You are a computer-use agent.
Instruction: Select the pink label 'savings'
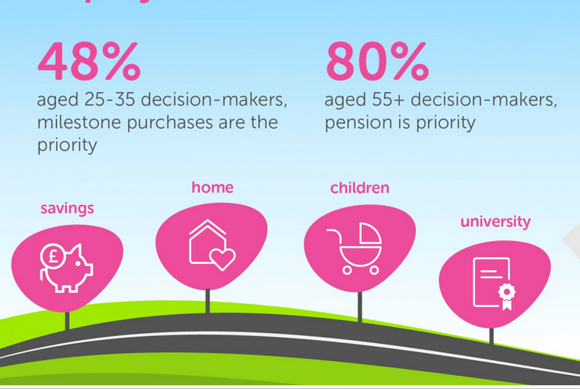[67, 208]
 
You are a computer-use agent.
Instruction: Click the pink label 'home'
[212, 188]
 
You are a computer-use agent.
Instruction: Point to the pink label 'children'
[359, 188]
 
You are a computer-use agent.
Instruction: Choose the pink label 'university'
[495, 222]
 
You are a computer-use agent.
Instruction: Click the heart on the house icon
[223, 259]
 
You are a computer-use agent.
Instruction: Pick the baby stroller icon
[355, 247]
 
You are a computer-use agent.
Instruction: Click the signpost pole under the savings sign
[67, 320]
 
